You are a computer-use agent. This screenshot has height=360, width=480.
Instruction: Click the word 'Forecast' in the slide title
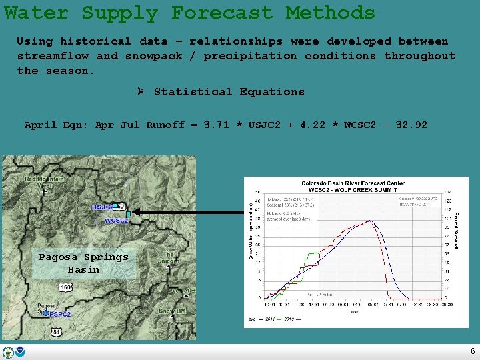222,13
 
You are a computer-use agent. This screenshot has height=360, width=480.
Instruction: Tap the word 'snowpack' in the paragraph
154,56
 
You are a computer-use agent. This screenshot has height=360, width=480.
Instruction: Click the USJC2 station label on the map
103,207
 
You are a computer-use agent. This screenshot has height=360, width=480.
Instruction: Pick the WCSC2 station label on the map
117,220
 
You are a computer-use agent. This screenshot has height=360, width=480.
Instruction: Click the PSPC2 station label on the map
59,314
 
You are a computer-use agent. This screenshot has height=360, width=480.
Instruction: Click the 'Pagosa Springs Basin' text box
83,263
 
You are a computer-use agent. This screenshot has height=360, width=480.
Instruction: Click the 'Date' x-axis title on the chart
353,311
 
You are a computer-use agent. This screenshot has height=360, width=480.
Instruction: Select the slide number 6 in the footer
473,351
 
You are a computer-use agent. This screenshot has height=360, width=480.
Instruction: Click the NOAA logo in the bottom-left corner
21,352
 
